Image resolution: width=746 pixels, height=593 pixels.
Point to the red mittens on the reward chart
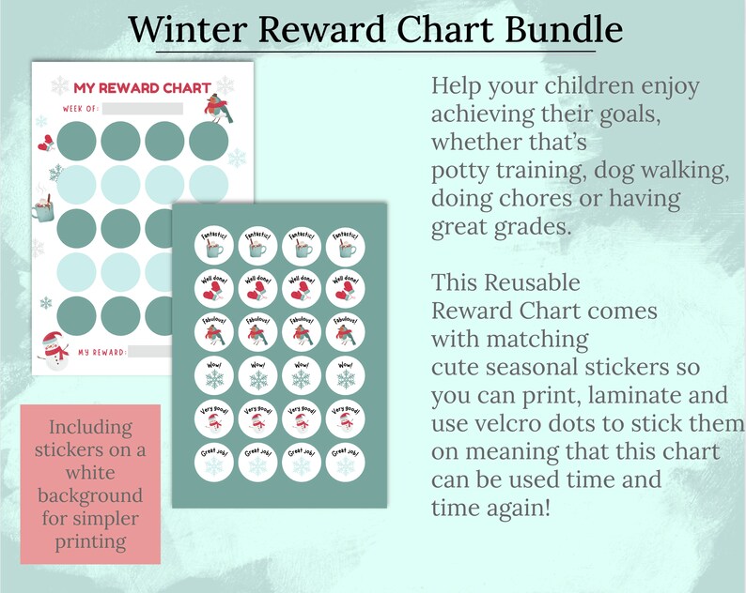(x=44, y=144)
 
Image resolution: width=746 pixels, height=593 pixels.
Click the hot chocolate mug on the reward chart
(x=42, y=205)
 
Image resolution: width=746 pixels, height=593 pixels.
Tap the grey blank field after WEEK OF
(x=143, y=109)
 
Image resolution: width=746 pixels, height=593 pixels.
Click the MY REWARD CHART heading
(x=142, y=87)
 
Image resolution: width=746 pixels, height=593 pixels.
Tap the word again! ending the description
(x=517, y=508)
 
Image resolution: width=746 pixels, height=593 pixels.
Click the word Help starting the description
(x=456, y=87)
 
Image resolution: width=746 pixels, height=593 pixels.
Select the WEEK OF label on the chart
(x=81, y=109)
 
